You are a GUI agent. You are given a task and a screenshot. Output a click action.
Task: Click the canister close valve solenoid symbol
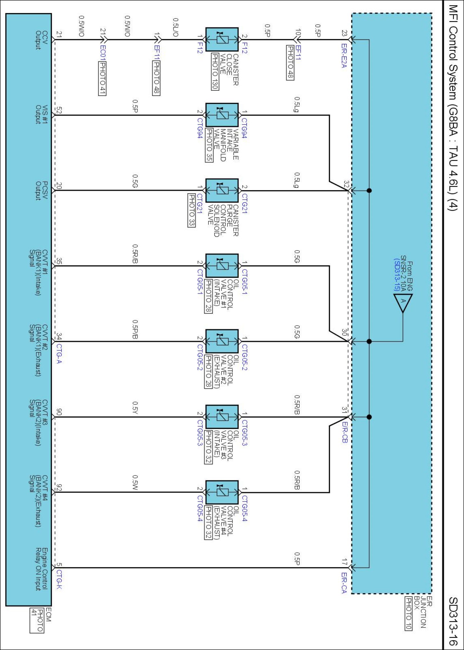222,40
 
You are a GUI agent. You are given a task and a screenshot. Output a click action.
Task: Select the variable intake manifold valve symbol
222,115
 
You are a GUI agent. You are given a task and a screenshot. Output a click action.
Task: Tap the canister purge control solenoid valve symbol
222,190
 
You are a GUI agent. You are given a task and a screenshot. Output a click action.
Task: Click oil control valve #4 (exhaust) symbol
222,492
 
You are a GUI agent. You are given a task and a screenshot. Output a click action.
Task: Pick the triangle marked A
403,302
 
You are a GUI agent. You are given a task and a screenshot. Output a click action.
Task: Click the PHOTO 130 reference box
215,71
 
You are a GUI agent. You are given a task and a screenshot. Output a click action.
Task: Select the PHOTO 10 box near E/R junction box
408,613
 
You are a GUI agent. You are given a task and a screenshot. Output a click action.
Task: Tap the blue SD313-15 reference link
397,275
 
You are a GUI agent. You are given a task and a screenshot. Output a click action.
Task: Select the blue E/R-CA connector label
344,583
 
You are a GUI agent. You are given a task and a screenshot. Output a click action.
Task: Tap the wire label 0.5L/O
175,27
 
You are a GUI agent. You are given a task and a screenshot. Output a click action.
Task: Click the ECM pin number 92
59,487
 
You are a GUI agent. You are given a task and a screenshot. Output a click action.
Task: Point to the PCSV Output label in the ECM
41,190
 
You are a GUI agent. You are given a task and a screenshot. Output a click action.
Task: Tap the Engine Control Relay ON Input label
41,569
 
